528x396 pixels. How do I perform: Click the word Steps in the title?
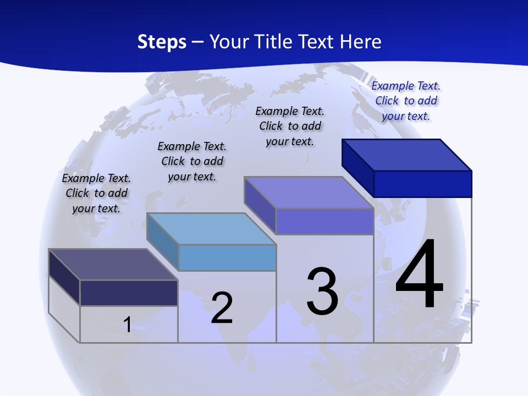[162, 42]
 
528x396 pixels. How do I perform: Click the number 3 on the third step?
[322, 291]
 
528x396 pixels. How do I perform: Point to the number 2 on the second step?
[222, 308]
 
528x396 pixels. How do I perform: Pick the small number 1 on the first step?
[127, 324]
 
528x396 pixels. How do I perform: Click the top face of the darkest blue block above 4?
[407, 155]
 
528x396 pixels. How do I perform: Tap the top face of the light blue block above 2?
[211, 229]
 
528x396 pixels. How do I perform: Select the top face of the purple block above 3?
[309, 193]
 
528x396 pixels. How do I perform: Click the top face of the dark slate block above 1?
[113, 265]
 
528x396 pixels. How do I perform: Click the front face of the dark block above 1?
[129, 293]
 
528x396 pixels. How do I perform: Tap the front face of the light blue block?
[227, 257]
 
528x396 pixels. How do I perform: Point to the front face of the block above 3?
[324, 221]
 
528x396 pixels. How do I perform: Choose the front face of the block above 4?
[422, 184]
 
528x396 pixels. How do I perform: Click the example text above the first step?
[96, 193]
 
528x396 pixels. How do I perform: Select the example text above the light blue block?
[192, 161]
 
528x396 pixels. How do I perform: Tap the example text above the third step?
[290, 126]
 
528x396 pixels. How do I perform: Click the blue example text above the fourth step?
[406, 101]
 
